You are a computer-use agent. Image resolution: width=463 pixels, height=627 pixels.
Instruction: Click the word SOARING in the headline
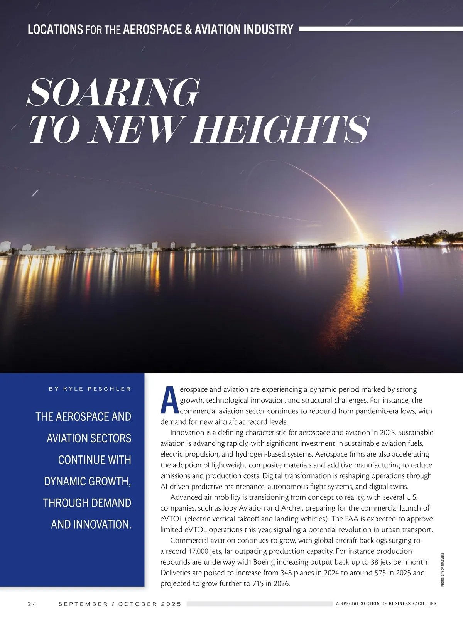[x=114, y=93]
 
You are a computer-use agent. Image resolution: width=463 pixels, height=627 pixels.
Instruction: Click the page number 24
[x=32, y=604]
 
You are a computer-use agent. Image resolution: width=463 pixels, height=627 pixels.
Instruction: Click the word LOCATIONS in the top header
[x=55, y=29]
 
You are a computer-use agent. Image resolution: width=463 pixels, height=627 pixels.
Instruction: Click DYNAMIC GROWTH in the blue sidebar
[x=87, y=481]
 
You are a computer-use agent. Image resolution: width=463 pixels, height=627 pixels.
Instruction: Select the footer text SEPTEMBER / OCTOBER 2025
[x=120, y=604]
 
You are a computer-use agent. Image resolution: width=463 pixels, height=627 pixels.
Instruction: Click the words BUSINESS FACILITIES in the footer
[x=412, y=603]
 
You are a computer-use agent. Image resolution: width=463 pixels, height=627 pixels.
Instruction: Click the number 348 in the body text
[x=286, y=573]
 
